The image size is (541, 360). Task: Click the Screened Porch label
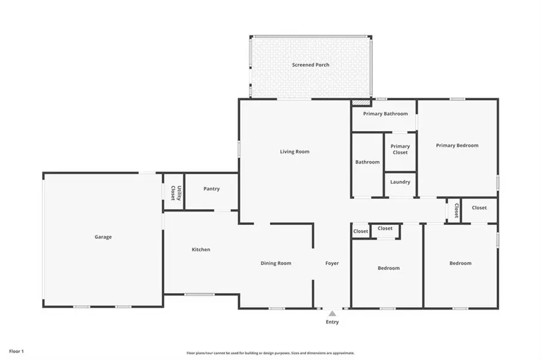tap(310, 65)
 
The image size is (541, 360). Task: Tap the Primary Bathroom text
tap(385, 114)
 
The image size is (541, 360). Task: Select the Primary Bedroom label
tap(457, 145)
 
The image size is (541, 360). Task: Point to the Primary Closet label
tap(400, 149)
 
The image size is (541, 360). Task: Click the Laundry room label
tap(400, 182)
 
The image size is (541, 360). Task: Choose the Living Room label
tap(295, 151)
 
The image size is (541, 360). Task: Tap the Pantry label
tap(211, 189)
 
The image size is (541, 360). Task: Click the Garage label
tap(103, 237)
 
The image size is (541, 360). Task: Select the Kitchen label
tap(201, 249)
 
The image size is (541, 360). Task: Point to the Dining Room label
tap(275, 263)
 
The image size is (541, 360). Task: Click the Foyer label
tap(332, 263)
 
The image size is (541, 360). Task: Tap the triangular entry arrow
tap(332, 313)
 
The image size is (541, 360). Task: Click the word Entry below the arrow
tap(332, 322)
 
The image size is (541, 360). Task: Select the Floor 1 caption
tap(16, 350)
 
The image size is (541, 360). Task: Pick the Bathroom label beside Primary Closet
tap(367, 162)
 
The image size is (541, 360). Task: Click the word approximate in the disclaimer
tap(341, 353)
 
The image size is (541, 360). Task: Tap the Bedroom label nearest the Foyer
tap(388, 268)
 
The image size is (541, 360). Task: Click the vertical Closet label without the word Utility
tap(456, 210)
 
